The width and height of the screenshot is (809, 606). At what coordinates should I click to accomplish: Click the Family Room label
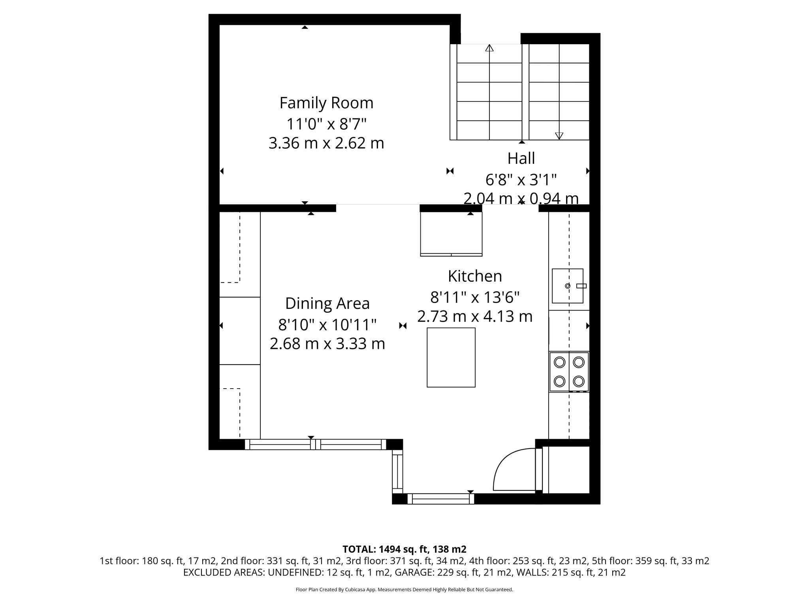326,103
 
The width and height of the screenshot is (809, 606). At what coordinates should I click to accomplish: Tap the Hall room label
521,159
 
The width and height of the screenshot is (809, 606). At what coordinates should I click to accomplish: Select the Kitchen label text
475,276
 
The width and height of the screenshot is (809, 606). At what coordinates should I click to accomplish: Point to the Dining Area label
327,303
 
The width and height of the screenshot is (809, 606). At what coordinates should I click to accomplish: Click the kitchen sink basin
567,286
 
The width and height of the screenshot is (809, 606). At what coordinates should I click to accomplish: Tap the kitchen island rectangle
451,357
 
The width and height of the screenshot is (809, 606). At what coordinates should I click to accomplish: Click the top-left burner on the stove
559,362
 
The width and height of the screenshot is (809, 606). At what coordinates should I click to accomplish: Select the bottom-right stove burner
579,381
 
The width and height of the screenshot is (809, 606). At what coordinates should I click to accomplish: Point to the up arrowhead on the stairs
489,48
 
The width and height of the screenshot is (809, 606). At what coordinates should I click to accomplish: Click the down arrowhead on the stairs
559,136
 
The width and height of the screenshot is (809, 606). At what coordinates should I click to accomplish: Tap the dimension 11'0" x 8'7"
326,124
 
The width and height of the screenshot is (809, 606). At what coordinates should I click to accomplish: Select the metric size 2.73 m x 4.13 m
475,316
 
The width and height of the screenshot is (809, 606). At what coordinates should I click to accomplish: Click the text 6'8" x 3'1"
521,180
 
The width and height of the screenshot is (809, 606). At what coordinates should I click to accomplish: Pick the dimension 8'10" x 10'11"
327,325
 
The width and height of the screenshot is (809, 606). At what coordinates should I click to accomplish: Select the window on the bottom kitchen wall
440,499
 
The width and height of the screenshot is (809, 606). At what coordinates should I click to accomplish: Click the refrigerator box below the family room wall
451,234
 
